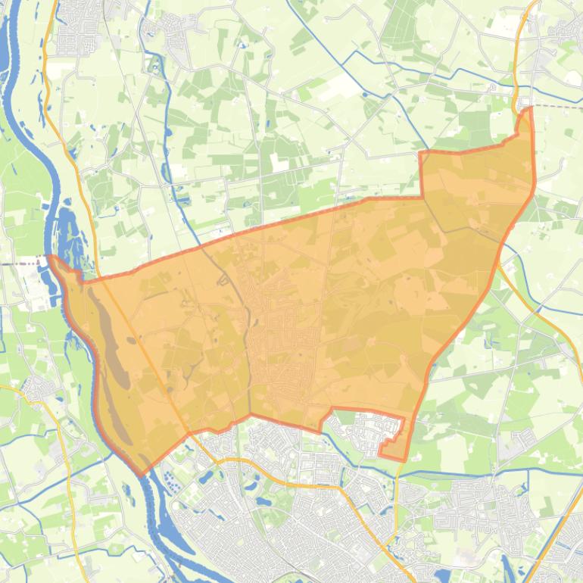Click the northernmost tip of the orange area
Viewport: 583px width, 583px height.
pos(528,108)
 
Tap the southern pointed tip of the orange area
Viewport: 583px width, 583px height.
pos(141,475)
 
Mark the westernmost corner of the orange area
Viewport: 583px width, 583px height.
pos(50,257)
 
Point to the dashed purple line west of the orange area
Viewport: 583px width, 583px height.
pos(23,264)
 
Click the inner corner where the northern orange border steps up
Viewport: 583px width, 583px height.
pos(421,198)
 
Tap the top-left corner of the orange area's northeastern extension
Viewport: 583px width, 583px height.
pos(421,154)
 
